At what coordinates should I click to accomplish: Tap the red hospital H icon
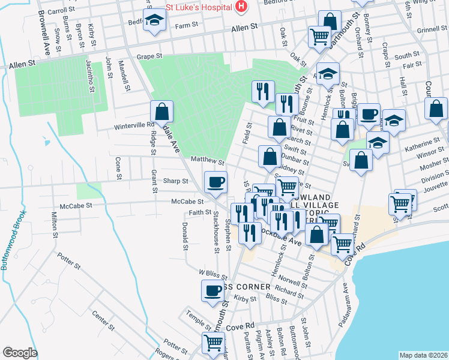[241, 7]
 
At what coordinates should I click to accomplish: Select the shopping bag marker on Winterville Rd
[161, 111]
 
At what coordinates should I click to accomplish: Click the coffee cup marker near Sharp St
[215, 181]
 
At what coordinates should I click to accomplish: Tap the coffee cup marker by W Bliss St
[212, 290]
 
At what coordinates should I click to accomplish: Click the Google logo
[20, 353]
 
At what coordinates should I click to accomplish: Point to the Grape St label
[150, 56]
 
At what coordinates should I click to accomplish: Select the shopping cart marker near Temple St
[212, 344]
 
